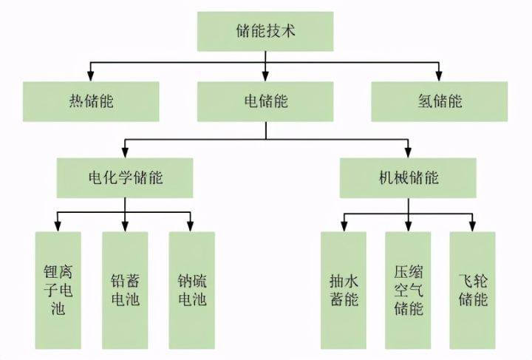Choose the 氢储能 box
point(439,101)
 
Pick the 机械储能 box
point(407,177)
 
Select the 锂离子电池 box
point(58,289)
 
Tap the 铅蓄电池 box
point(124,289)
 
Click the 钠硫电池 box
point(191,289)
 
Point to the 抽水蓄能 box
point(343,289)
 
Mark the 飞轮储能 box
point(473,289)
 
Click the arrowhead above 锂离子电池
point(58,228)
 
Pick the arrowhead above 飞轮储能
point(473,228)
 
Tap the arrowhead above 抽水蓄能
point(343,228)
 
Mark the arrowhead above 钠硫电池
point(191,228)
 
